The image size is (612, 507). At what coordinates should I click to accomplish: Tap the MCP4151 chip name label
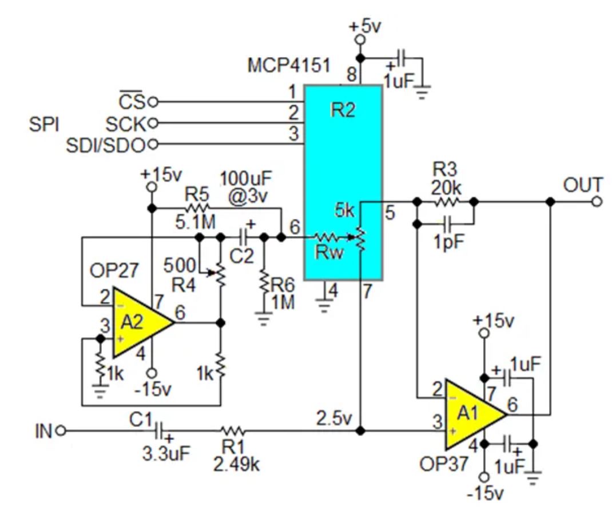coord(289,65)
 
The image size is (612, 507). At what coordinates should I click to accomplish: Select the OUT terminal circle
coord(597,201)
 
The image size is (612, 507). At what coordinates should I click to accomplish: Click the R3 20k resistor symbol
coord(446,201)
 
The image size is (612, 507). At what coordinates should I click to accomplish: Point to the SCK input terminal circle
coord(152,123)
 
